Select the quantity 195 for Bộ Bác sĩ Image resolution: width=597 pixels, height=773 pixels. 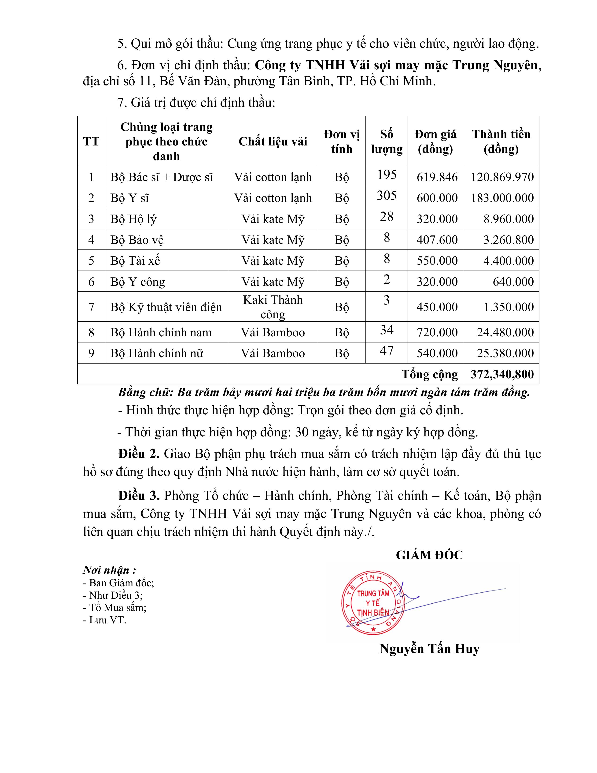pos(387,175)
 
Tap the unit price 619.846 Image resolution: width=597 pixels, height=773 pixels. pos(437,177)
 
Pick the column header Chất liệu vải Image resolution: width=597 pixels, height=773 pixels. pos(273,141)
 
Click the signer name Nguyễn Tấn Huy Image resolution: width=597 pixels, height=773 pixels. pos(429,649)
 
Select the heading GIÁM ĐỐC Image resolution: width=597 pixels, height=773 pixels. pos(429,555)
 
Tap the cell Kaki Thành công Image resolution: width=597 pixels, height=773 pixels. pos(273,307)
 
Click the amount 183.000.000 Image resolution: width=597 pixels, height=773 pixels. pos(502,198)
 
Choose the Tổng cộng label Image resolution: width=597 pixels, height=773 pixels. pos(429,374)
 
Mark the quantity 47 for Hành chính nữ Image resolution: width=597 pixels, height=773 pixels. pos(387,350)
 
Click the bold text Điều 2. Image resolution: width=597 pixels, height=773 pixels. pos(139,454)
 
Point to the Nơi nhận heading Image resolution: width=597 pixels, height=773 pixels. pos(109,570)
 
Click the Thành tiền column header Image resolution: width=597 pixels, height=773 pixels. pos(501,141)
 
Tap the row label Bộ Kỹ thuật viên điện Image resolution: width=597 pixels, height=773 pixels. pos(166,307)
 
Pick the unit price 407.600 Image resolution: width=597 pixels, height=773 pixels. pos(437,240)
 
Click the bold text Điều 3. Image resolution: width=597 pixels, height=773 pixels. pos(139,495)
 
